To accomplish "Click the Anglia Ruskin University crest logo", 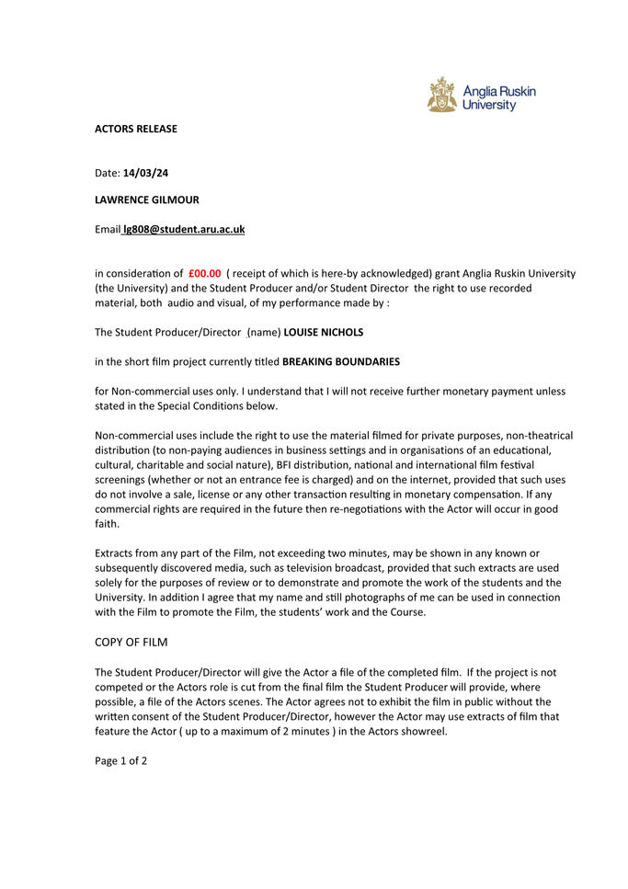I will point(441,96).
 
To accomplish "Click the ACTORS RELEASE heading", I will point(136,129).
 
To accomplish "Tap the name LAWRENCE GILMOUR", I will point(147,199).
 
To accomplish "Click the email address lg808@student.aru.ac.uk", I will point(184,229).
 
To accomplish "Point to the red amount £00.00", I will point(204,273).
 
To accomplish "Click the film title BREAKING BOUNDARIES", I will point(340,361).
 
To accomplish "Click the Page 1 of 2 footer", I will point(120,760).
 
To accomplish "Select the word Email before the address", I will point(108,229).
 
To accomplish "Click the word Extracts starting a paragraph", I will point(117,553).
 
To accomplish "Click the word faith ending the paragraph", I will point(107,524).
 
